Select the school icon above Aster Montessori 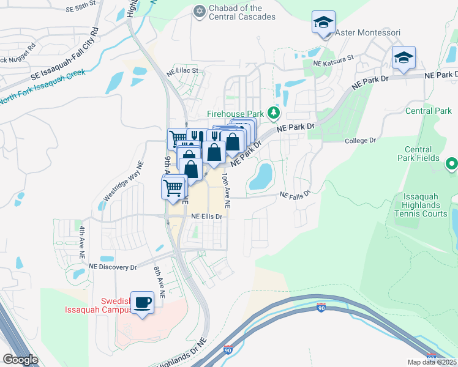pos(323,23)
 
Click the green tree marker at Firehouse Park pos(275,113)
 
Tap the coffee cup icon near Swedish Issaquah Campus pos(143,302)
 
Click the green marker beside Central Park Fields pos(452,163)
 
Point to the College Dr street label pos(359,140)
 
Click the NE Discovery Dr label pos(112,267)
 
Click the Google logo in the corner pos(21,360)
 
